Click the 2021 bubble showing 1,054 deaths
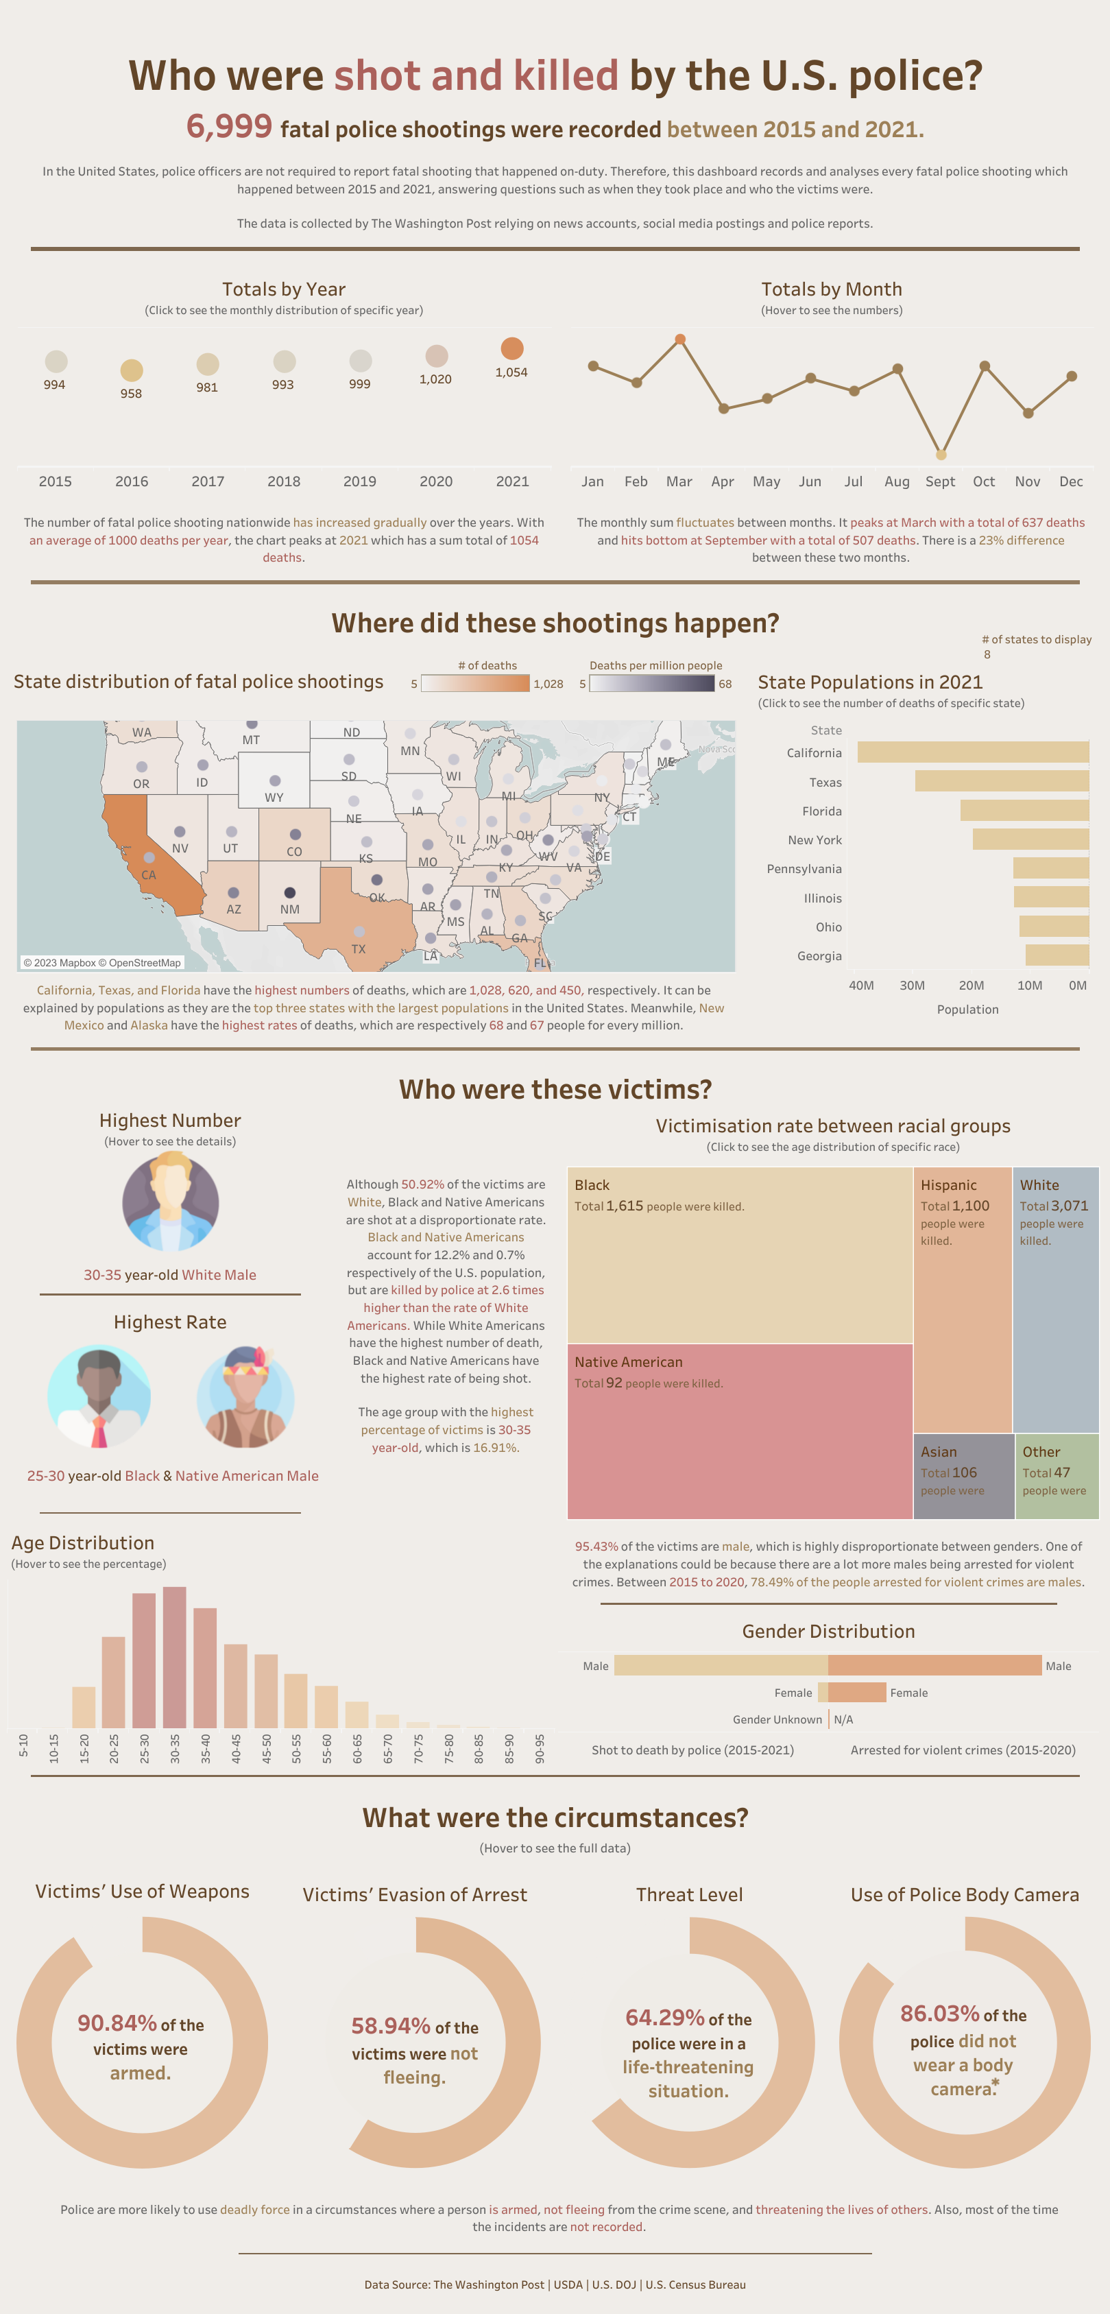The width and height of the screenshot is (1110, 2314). click(512, 348)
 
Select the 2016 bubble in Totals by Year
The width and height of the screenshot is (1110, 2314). click(131, 370)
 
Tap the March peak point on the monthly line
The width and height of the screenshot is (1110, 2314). click(680, 339)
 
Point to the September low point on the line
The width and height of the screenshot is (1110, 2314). click(940, 455)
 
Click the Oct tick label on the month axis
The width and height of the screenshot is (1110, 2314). click(983, 481)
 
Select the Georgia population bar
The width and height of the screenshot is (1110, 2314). click(1057, 955)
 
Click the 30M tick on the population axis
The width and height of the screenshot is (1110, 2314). click(912, 986)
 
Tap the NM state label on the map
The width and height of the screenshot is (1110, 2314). click(289, 909)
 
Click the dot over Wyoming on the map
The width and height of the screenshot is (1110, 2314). click(275, 780)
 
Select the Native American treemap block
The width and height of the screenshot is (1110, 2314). click(740, 1430)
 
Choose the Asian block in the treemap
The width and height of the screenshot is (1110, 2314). click(963, 1475)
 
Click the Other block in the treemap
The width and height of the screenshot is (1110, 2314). click(1056, 1475)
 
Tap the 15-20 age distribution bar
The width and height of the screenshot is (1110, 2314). click(84, 1707)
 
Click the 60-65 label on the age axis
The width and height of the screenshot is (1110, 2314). click(357, 1748)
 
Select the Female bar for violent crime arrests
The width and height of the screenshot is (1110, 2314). click(857, 1693)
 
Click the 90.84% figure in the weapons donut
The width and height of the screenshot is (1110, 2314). click(117, 2023)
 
